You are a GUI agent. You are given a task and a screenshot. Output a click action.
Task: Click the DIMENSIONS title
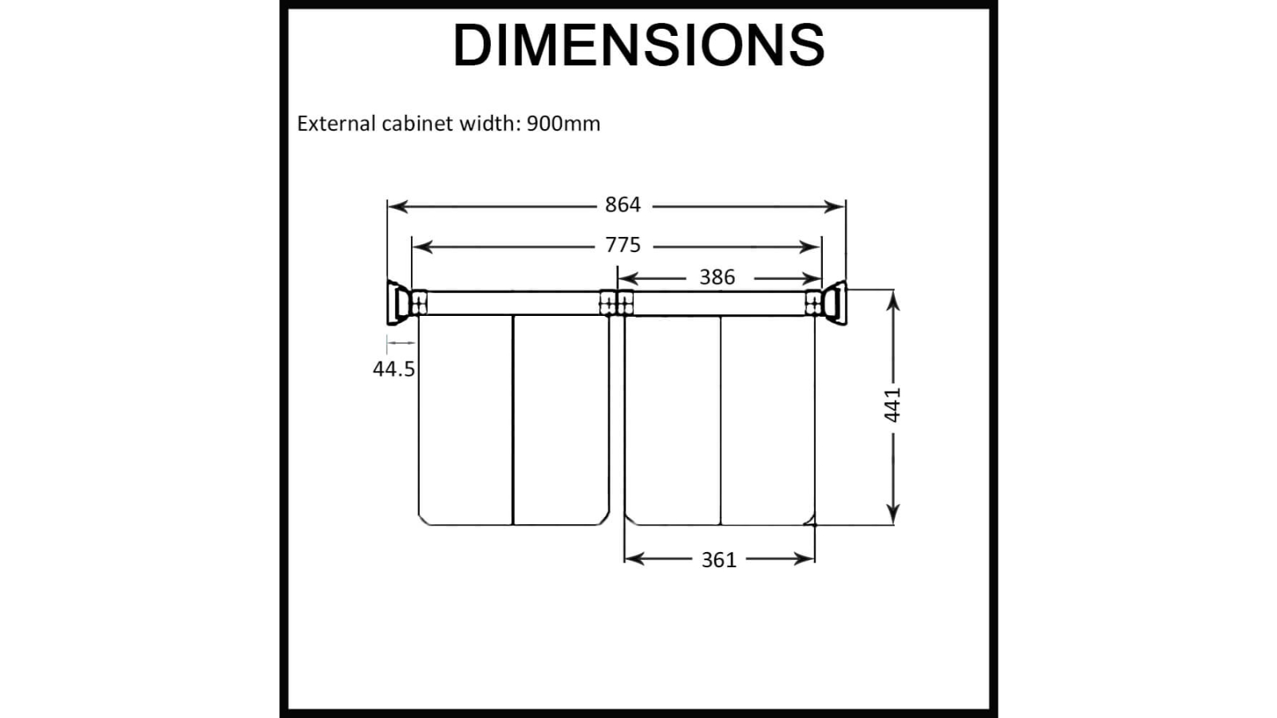[638, 45]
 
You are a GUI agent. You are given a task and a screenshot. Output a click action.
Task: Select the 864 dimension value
[623, 204]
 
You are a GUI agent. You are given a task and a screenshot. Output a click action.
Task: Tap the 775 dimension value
[623, 245]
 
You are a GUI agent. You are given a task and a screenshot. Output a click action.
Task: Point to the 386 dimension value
[718, 278]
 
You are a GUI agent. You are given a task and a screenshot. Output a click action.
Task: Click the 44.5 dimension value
[394, 369]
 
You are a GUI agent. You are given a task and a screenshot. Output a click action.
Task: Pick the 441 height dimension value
[892, 404]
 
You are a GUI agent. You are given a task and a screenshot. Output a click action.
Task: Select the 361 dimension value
[719, 560]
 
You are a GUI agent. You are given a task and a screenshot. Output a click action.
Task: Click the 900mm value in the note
[563, 124]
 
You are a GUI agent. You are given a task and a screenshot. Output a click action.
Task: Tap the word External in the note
[336, 124]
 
